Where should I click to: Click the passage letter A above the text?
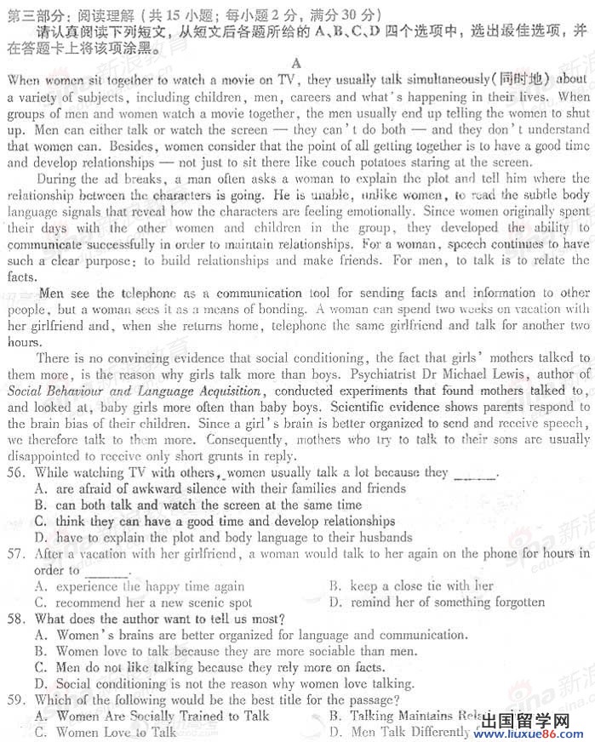(296, 63)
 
